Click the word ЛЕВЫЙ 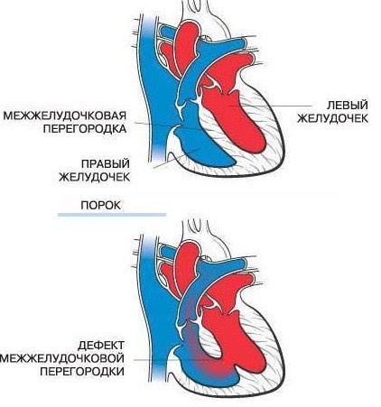coord(347,106)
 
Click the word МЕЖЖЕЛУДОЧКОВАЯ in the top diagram coord(65,116)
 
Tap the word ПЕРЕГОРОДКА coord(85,129)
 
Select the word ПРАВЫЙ coord(106,164)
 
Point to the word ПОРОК coord(101,206)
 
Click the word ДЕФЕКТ coord(101,346)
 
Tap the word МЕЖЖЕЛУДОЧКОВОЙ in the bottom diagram coord(62,358)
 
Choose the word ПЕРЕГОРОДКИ coord(82,372)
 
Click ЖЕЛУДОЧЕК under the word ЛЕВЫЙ coord(332,118)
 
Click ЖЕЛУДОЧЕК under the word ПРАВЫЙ coord(95,177)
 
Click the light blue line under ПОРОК coord(112,215)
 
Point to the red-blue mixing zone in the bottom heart coord(208,361)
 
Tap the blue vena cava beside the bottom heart coord(156,301)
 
